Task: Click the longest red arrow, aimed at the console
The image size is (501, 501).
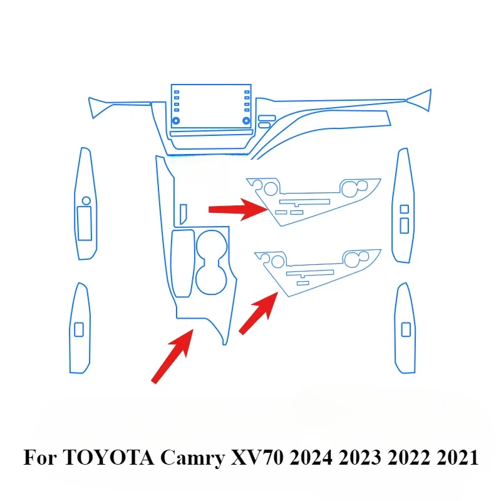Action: click(173, 354)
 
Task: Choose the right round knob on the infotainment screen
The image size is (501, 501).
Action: click(247, 119)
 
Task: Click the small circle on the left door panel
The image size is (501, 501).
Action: click(86, 200)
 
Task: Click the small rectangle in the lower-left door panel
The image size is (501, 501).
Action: click(79, 328)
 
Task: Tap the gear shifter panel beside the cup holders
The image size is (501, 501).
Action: click(183, 263)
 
